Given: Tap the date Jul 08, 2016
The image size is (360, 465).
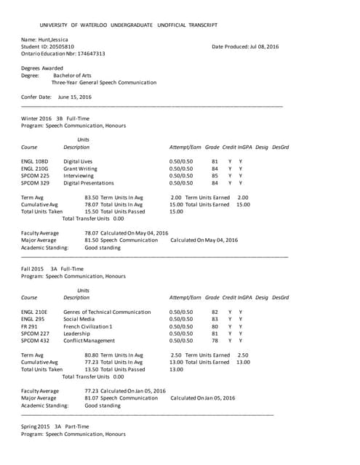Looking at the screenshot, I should pyautogui.click(x=264, y=46).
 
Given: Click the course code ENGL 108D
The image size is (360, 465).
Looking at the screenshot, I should pyautogui.click(x=35, y=161).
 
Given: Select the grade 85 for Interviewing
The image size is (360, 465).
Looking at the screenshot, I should pyautogui.click(x=215, y=175).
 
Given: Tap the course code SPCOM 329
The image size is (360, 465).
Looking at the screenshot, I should pyautogui.click(x=36, y=183).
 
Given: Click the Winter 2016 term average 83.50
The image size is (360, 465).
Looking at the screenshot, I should pyautogui.click(x=92, y=197).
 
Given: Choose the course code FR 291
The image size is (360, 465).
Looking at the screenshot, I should pyautogui.click(x=31, y=325).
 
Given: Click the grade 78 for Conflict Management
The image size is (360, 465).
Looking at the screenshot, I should pyautogui.click(x=215, y=340).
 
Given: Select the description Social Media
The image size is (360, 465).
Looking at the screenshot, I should pyautogui.click(x=79, y=318).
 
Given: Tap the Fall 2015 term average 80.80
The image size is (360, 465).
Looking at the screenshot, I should pyautogui.click(x=92, y=355).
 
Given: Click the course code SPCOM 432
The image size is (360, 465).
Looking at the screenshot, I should pyautogui.click(x=36, y=340).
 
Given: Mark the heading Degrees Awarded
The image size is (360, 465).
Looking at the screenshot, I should pyautogui.click(x=42, y=68).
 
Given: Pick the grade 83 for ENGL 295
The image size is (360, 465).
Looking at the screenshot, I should pyautogui.click(x=215, y=318).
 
